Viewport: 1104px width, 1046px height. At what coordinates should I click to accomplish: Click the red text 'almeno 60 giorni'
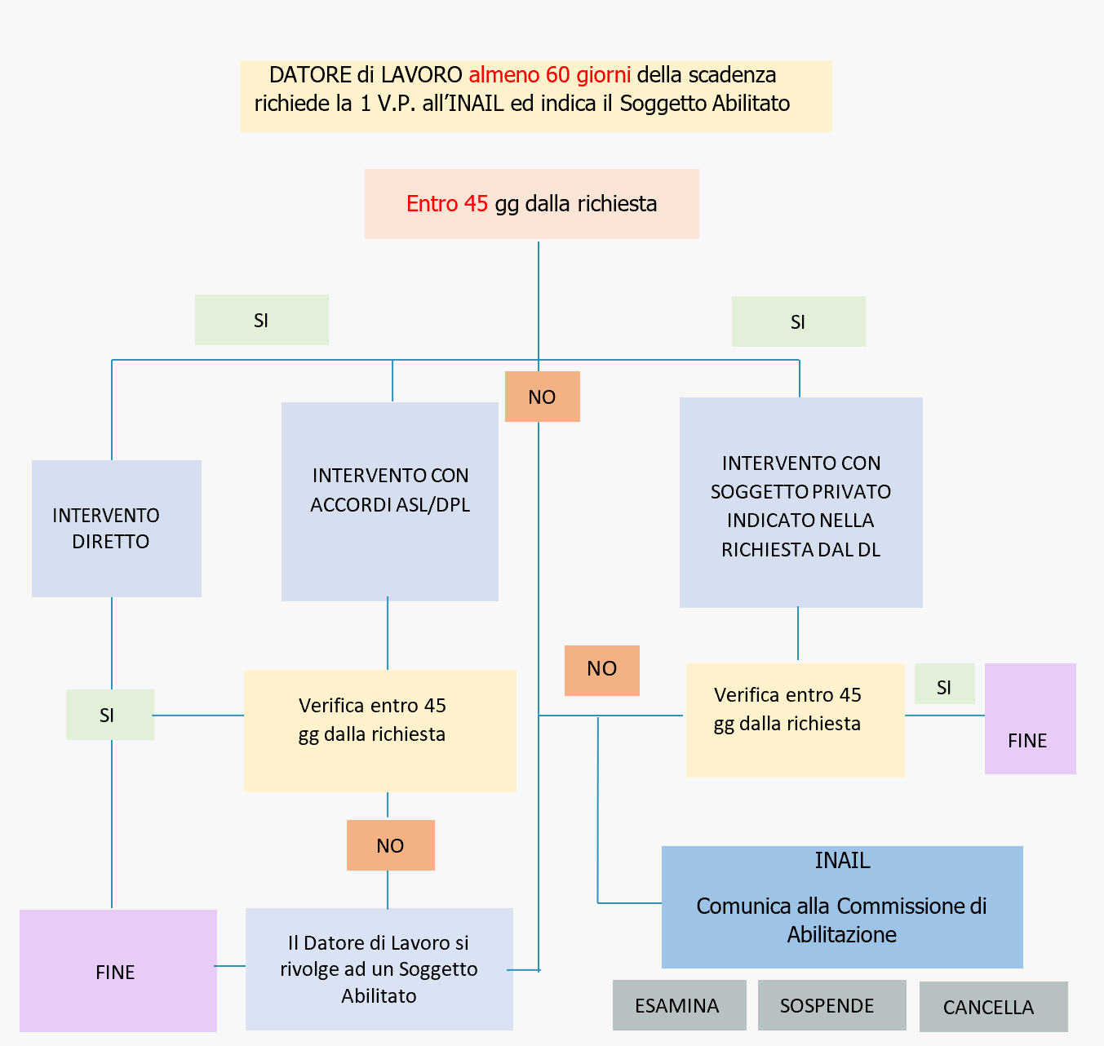coord(549,75)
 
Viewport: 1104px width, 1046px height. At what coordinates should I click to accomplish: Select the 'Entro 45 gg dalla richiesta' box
coord(531,204)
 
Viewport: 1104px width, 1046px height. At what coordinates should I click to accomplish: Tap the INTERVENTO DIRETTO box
coord(116,528)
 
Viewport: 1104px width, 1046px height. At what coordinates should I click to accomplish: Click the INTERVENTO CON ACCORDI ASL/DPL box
coord(390,501)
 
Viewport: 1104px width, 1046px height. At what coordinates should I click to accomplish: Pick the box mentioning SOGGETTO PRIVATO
coord(800,502)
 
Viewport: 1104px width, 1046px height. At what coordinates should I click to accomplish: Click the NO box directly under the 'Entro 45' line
coord(542,397)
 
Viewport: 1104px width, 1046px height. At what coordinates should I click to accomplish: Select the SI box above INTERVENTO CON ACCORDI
coord(261,320)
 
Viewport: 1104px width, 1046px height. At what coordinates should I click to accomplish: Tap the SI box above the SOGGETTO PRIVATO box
coord(798,321)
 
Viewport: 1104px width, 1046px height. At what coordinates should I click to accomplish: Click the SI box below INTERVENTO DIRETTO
coord(109,715)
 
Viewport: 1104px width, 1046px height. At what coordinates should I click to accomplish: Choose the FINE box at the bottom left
coord(117,971)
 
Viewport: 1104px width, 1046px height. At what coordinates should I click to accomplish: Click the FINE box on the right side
coord(1030,719)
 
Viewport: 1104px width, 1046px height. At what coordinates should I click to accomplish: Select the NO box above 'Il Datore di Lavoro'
coord(390,845)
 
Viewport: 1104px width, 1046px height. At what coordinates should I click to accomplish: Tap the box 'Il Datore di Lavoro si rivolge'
coord(379,968)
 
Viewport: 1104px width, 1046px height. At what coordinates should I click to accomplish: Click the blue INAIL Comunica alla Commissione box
coord(841,906)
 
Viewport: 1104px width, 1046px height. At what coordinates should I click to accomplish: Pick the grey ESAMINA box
coord(679,1005)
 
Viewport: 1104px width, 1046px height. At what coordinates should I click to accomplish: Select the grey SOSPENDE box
coord(831,1005)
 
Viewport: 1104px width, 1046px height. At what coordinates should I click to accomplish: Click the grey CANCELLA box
coord(992,1007)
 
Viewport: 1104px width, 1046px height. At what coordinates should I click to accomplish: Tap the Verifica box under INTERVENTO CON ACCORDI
coord(379,730)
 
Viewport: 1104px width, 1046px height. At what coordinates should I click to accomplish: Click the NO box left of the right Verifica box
coord(601,670)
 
